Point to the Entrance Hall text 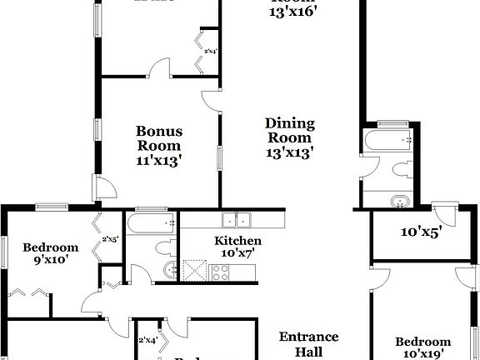(x=308, y=344)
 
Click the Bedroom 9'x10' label (x=50, y=253)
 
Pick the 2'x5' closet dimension (x=110, y=239)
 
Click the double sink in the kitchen (x=237, y=220)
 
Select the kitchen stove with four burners (x=221, y=270)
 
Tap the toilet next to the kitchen (x=165, y=247)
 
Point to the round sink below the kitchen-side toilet (x=170, y=269)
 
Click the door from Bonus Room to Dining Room (x=210, y=98)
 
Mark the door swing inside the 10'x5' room (x=445, y=212)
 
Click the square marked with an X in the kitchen (x=195, y=270)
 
